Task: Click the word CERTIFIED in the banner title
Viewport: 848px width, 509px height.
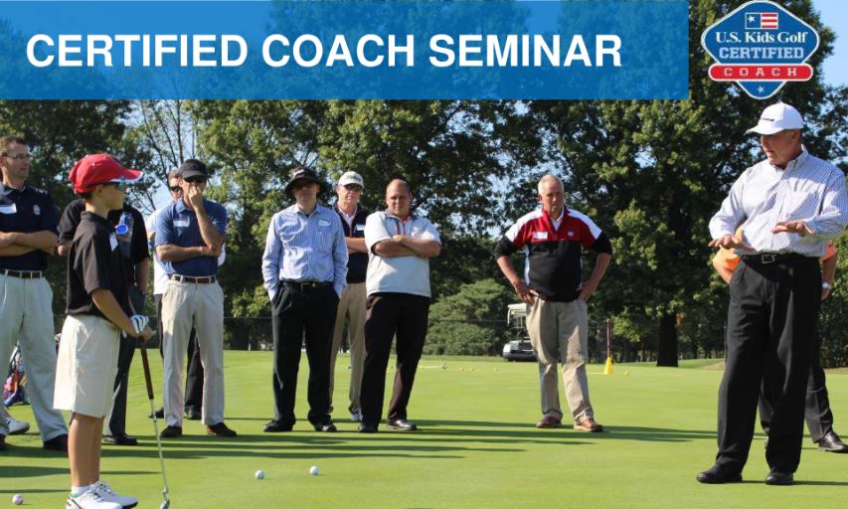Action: (x=137, y=51)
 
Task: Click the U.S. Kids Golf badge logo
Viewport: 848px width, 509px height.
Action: (x=761, y=50)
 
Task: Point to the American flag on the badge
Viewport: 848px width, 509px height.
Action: (x=761, y=21)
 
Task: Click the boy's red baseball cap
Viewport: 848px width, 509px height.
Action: (x=102, y=172)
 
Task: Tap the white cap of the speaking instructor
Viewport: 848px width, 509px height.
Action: (x=775, y=118)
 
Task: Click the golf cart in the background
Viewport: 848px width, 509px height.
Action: (x=519, y=332)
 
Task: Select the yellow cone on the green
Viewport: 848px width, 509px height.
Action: (x=608, y=366)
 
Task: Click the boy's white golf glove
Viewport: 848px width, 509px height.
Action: (x=139, y=323)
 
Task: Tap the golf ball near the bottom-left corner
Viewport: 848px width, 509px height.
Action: (x=17, y=499)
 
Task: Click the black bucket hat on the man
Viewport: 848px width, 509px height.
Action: (x=304, y=179)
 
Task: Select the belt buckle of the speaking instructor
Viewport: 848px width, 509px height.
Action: (x=767, y=258)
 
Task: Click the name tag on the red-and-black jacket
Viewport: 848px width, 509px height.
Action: (x=540, y=236)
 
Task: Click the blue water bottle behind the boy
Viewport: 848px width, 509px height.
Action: (x=124, y=226)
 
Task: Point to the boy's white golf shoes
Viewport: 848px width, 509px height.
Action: (x=100, y=495)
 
